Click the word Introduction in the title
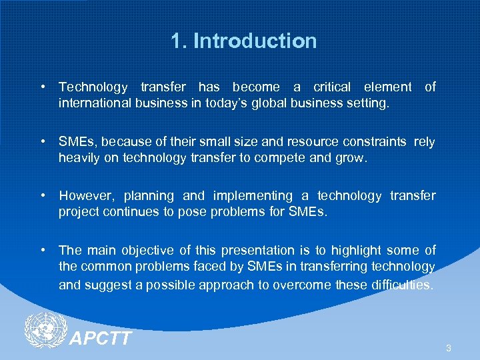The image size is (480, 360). pyautogui.click(x=255, y=41)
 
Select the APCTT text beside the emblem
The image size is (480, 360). pyautogui.click(x=101, y=339)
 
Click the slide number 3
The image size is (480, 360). pyautogui.click(x=449, y=348)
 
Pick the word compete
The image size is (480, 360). pyautogui.click(x=287, y=158)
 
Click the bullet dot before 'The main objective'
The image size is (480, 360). pyautogui.click(x=43, y=251)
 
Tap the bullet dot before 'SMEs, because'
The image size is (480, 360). pyautogui.click(x=43, y=141)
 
